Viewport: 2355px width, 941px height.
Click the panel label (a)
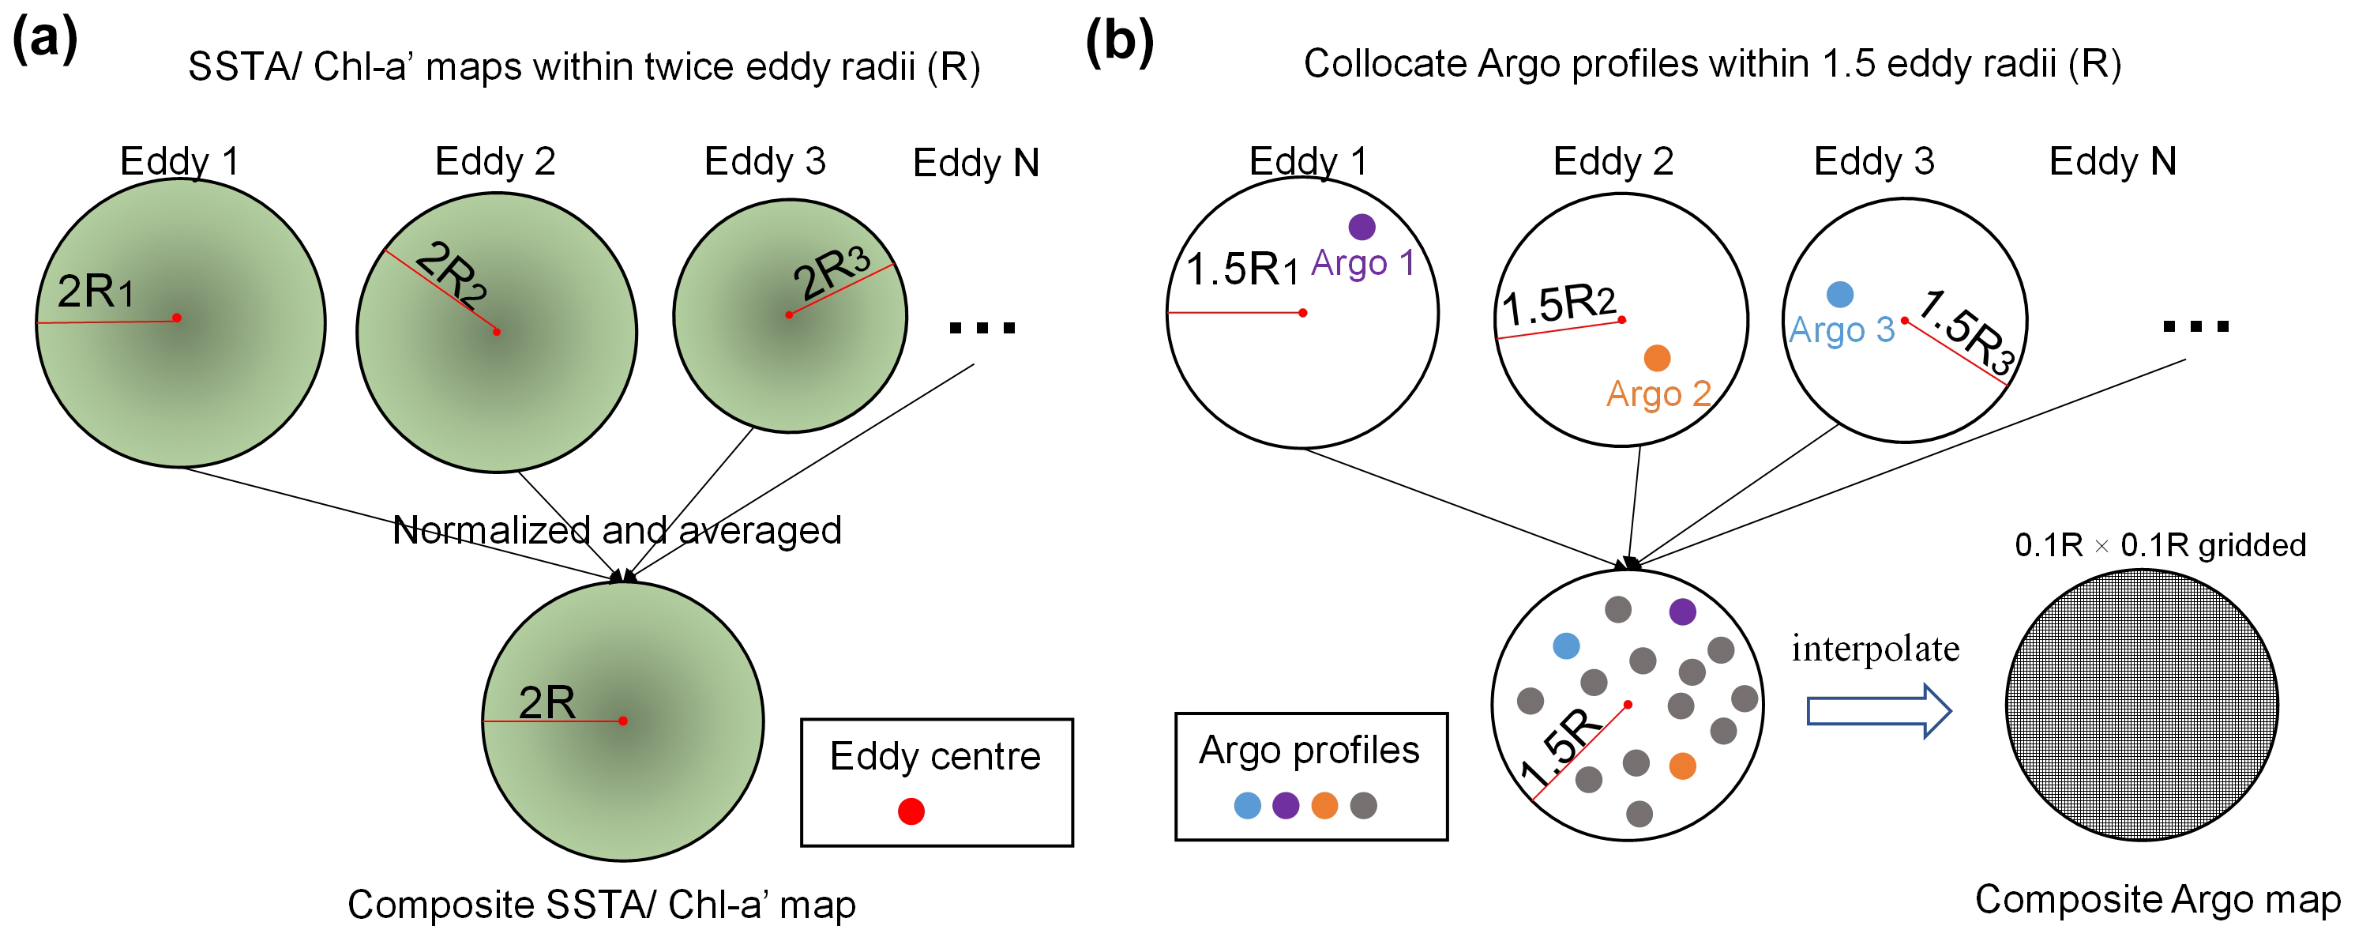coord(45,40)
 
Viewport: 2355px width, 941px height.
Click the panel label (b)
coord(1119,41)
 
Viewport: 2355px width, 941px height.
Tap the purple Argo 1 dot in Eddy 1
coord(1362,227)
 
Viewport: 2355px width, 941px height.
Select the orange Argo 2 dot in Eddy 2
coord(1657,358)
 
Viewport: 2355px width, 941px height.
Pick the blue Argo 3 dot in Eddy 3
coord(1839,294)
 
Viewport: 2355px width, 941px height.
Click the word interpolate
coord(1875,649)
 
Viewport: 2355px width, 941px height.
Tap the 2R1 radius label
coord(95,292)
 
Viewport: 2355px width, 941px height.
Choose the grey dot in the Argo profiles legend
coord(1363,806)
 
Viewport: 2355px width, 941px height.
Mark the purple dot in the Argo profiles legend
coord(1286,806)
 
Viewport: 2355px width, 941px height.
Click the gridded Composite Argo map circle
coord(2141,705)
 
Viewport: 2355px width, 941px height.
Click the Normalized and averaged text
coord(616,530)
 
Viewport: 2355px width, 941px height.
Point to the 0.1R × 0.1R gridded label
coord(2159,545)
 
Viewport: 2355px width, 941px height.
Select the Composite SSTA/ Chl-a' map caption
coord(602,905)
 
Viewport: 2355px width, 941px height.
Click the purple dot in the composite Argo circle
coord(1682,612)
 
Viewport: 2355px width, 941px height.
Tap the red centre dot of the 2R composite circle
coord(622,721)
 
